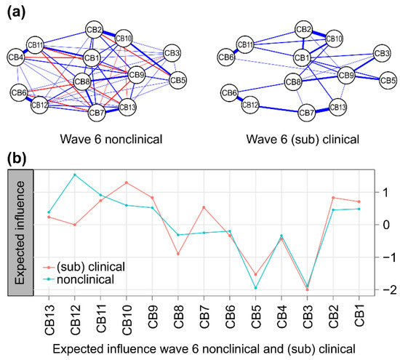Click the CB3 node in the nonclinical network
pos(172,52)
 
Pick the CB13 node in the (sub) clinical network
pos(337,108)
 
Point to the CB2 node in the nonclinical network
pos(94,30)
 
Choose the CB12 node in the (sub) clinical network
pos(251,106)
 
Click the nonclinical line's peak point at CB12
pos(75,175)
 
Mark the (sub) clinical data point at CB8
pos(178,254)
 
